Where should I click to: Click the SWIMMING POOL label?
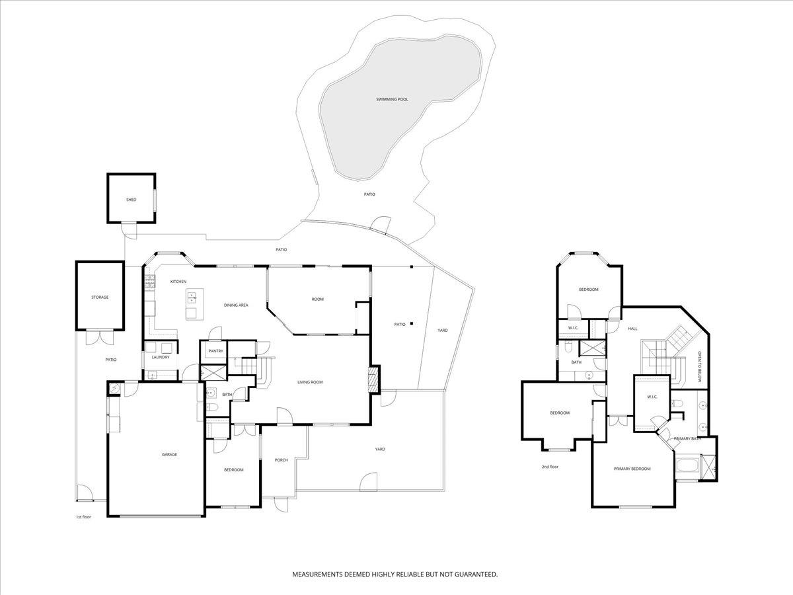point(392,99)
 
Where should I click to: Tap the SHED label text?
point(131,200)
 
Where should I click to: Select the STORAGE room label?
point(100,297)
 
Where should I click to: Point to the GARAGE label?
point(169,454)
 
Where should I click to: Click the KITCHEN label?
point(178,282)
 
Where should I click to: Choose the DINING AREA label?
point(236,305)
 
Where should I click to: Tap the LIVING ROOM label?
point(310,382)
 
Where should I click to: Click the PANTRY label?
point(215,351)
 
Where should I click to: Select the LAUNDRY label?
point(161,357)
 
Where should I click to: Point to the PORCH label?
point(281,460)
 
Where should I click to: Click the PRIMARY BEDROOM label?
point(632,469)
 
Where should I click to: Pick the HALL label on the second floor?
point(632,329)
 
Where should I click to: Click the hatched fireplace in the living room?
point(374,379)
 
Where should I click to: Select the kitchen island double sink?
point(191,298)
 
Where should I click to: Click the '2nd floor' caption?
point(550,467)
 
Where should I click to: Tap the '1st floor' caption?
point(83,517)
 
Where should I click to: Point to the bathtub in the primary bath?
point(688,465)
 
